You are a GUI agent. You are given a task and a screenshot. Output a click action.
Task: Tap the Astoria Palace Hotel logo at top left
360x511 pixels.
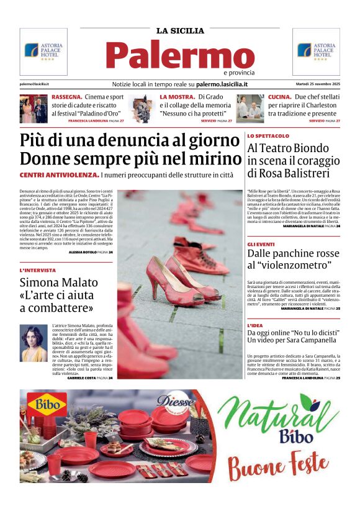[43, 51]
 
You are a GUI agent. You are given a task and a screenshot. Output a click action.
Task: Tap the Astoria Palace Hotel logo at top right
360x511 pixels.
[316, 51]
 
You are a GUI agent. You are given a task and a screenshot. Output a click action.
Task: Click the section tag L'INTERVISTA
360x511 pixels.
[38, 271]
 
